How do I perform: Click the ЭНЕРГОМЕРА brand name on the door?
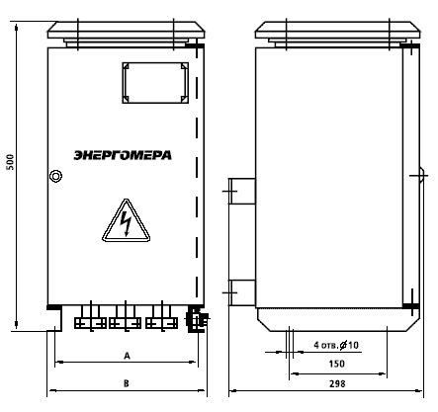(123, 155)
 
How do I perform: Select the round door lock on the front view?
(55, 176)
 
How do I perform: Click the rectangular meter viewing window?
(155, 64)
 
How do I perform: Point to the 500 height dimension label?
(11, 162)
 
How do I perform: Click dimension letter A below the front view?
(127, 356)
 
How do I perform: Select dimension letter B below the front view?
(127, 383)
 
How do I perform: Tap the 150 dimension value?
(337, 364)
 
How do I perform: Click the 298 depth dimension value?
(337, 383)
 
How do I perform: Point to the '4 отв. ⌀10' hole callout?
(336, 345)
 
